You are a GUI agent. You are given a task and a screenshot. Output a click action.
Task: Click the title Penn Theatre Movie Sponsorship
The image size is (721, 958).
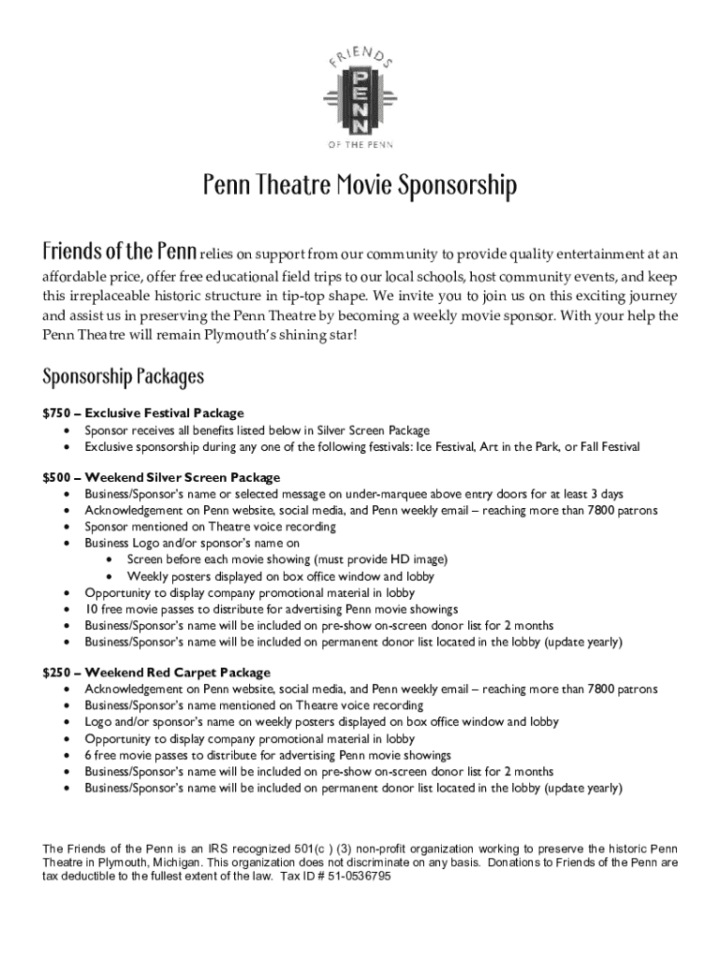pyautogui.click(x=360, y=187)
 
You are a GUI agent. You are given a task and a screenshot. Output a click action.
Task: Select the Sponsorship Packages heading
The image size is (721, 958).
pyautogui.click(x=123, y=378)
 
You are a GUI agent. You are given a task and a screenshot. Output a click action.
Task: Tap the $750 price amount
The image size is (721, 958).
pyautogui.click(x=56, y=414)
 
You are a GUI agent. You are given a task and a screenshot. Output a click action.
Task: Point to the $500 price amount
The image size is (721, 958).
pyautogui.click(x=56, y=477)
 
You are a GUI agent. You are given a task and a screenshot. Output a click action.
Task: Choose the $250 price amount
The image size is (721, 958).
pyautogui.click(x=56, y=673)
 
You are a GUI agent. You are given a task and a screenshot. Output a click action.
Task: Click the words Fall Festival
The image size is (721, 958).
pyautogui.click(x=607, y=446)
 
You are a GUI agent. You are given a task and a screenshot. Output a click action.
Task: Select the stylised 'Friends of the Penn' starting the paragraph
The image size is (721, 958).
pyautogui.click(x=119, y=253)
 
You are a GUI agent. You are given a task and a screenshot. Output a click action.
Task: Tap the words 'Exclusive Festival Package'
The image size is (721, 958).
pyautogui.click(x=164, y=414)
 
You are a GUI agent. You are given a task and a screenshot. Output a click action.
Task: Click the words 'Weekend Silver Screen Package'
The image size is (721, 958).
pyautogui.click(x=183, y=477)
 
